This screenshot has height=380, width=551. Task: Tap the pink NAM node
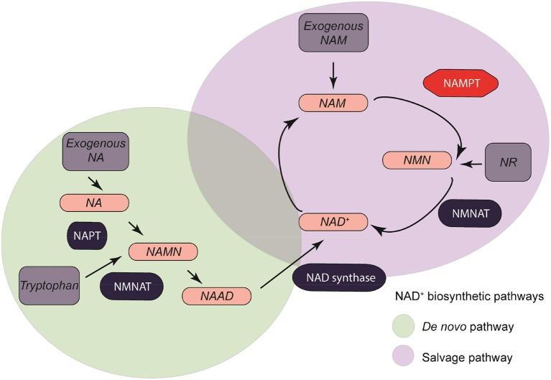pyautogui.click(x=334, y=103)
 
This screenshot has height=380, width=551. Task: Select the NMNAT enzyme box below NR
pyautogui.click(x=469, y=213)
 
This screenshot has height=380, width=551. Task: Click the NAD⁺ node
pyautogui.click(x=333, y=222)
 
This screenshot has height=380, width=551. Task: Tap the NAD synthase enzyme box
pyautogui.click(x=338, y=277)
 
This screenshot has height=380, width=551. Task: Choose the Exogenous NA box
pyautogui.click(x=96, y=150)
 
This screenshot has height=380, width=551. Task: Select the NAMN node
pyautogui.click(x=163, y=251)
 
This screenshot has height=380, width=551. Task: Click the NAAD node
pyautogui.click(x=217, y=295)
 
